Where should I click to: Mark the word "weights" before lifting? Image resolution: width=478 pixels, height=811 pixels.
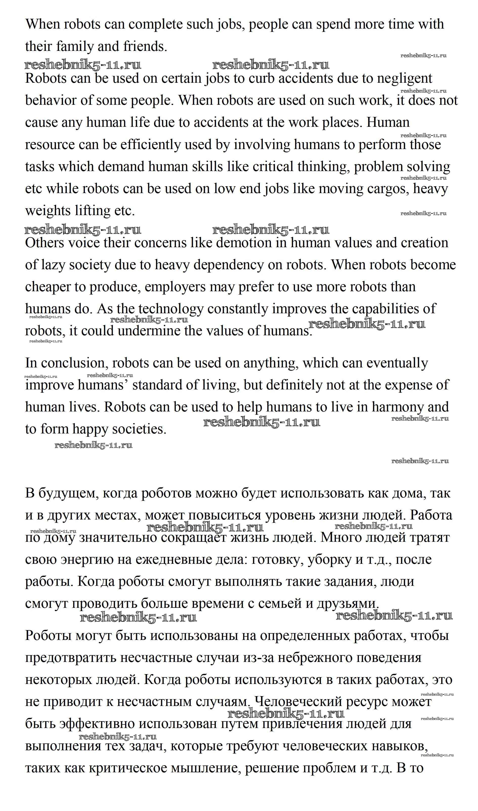(x=48, y=211)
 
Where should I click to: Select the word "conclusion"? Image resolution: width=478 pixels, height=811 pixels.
(x=73, y=363)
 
